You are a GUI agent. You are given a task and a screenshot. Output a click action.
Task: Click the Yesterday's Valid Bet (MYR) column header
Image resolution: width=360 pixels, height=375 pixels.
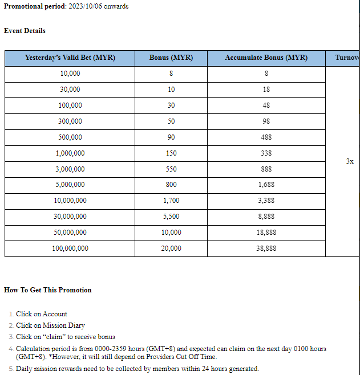click(70, 58)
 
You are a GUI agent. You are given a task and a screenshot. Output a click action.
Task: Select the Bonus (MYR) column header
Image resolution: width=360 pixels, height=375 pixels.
click(171, 58)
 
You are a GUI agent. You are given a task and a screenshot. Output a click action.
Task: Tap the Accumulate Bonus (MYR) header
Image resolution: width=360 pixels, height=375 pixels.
click(266, 58)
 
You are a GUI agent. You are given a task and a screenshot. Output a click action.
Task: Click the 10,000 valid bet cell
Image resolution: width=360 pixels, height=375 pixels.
click(70, 74)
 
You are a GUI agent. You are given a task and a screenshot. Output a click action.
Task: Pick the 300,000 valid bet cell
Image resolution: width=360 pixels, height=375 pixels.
click(70, 121)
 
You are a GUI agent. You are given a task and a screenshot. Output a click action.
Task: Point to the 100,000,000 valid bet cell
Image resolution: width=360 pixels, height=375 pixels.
click(70, 248)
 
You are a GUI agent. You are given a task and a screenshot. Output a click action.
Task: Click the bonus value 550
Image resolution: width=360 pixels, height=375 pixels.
click(171, 169)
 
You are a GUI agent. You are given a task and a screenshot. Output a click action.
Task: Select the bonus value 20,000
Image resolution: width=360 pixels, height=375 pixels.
click(171, 248)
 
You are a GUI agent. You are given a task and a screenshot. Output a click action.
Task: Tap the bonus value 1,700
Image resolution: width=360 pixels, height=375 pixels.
click(171, 201)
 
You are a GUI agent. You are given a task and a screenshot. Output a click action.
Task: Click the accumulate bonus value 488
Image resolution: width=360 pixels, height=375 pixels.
click(266, 137)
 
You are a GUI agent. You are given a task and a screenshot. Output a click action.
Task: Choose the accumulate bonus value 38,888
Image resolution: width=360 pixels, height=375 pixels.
click(266, 248)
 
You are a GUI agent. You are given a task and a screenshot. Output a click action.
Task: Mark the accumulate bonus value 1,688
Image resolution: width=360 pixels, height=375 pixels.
click(266, 185)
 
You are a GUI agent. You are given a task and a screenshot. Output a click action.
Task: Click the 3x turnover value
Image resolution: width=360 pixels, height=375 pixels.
click(350, 161)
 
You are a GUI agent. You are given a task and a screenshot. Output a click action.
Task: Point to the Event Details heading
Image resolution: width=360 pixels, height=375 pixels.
click(25, 31)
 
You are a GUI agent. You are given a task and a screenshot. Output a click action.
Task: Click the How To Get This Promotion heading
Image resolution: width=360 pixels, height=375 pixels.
click(48, 290)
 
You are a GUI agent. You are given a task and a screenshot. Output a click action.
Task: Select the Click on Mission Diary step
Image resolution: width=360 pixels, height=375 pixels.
click(50, 325)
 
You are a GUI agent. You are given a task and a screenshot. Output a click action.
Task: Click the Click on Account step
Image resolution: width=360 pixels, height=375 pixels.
click(42, 314)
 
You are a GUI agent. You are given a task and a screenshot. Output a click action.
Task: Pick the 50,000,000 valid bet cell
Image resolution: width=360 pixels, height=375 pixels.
click(70, 233)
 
